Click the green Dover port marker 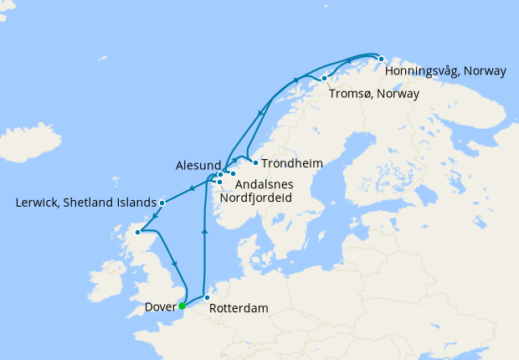[182, 306]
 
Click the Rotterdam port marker [207, 297]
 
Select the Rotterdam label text [239, 308]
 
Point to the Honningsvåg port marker [381, 59]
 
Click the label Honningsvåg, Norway [444, 71]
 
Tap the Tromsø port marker [324, 79]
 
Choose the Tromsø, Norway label [373, 93]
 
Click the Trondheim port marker [254, 162]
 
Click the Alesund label [199, 165]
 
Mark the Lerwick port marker [162, 203]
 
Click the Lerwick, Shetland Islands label [85, 203]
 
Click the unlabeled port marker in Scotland [140, 232]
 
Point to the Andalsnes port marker [233, 174]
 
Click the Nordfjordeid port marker [218, 182]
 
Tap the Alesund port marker [220, 174]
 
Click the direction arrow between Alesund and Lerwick [192, 188]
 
